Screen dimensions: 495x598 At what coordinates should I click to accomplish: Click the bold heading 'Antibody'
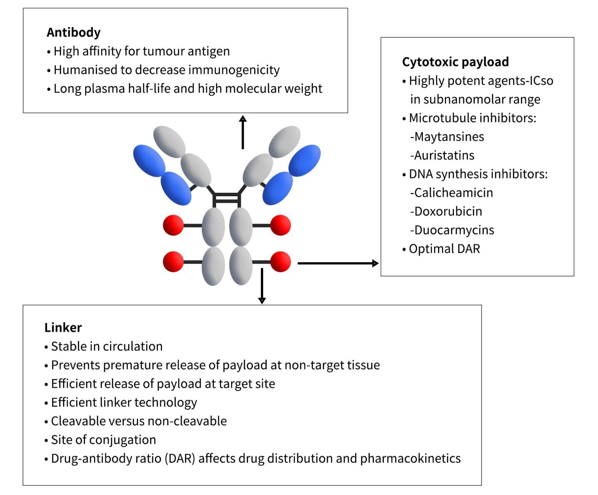click(74, 32)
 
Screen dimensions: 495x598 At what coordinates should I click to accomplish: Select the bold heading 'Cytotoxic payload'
click(455, 62)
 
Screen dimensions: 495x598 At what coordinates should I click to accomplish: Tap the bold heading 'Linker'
click(63, 328)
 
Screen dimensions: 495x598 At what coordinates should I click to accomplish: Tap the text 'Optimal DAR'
click(444, 249)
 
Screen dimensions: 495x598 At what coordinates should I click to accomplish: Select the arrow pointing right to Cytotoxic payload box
click(338, 263)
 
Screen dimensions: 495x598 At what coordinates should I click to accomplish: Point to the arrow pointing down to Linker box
click(262, 286)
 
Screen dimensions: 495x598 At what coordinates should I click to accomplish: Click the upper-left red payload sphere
click(173, 225)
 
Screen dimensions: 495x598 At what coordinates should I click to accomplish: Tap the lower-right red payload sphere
click(280, 262)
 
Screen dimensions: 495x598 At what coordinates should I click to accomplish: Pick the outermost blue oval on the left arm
click(149, 160)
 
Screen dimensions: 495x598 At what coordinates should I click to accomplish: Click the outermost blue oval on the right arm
click(305, 160)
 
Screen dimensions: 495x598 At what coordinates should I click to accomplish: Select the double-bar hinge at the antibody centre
click(227, 198)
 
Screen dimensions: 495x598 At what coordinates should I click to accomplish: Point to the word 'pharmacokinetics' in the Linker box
click(410, 458)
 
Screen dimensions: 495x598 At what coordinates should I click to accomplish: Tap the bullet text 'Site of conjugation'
click(103, 440)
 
